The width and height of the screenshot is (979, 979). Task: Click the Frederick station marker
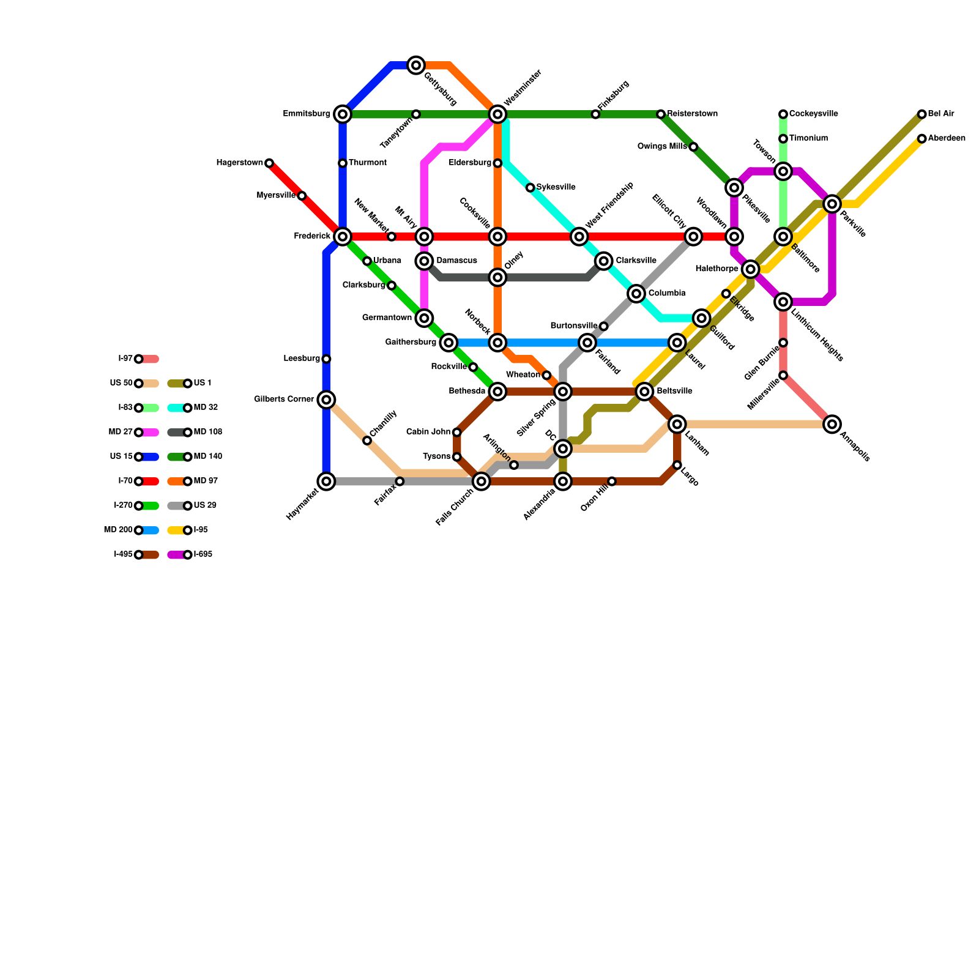[343, 236]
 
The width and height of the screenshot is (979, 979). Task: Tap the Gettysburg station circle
[416, 65]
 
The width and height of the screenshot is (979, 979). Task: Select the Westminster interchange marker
[498, 114]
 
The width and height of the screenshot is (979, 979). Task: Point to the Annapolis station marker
[832, 424]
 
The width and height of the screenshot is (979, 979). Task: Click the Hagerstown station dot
[269, 163]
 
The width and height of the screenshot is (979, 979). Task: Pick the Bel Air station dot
[921, 114]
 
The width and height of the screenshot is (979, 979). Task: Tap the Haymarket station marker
[327, 482]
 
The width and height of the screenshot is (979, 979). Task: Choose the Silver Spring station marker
[563, 391]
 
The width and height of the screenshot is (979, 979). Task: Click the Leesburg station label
[302, 359]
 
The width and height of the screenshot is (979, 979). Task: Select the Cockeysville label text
[813, 114]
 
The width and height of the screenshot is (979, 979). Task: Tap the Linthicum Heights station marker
[783, 301]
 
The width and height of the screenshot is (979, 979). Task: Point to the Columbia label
[666, 294]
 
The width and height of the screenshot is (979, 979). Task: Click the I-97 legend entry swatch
[150, 359]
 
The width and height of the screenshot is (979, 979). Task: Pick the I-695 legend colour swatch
[177, 555]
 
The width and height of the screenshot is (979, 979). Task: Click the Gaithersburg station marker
[449, 343]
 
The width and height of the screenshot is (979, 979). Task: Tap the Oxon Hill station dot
[612, 482]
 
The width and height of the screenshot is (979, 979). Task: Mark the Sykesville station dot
[530, 188]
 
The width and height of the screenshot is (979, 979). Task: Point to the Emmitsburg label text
[307, 114]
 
